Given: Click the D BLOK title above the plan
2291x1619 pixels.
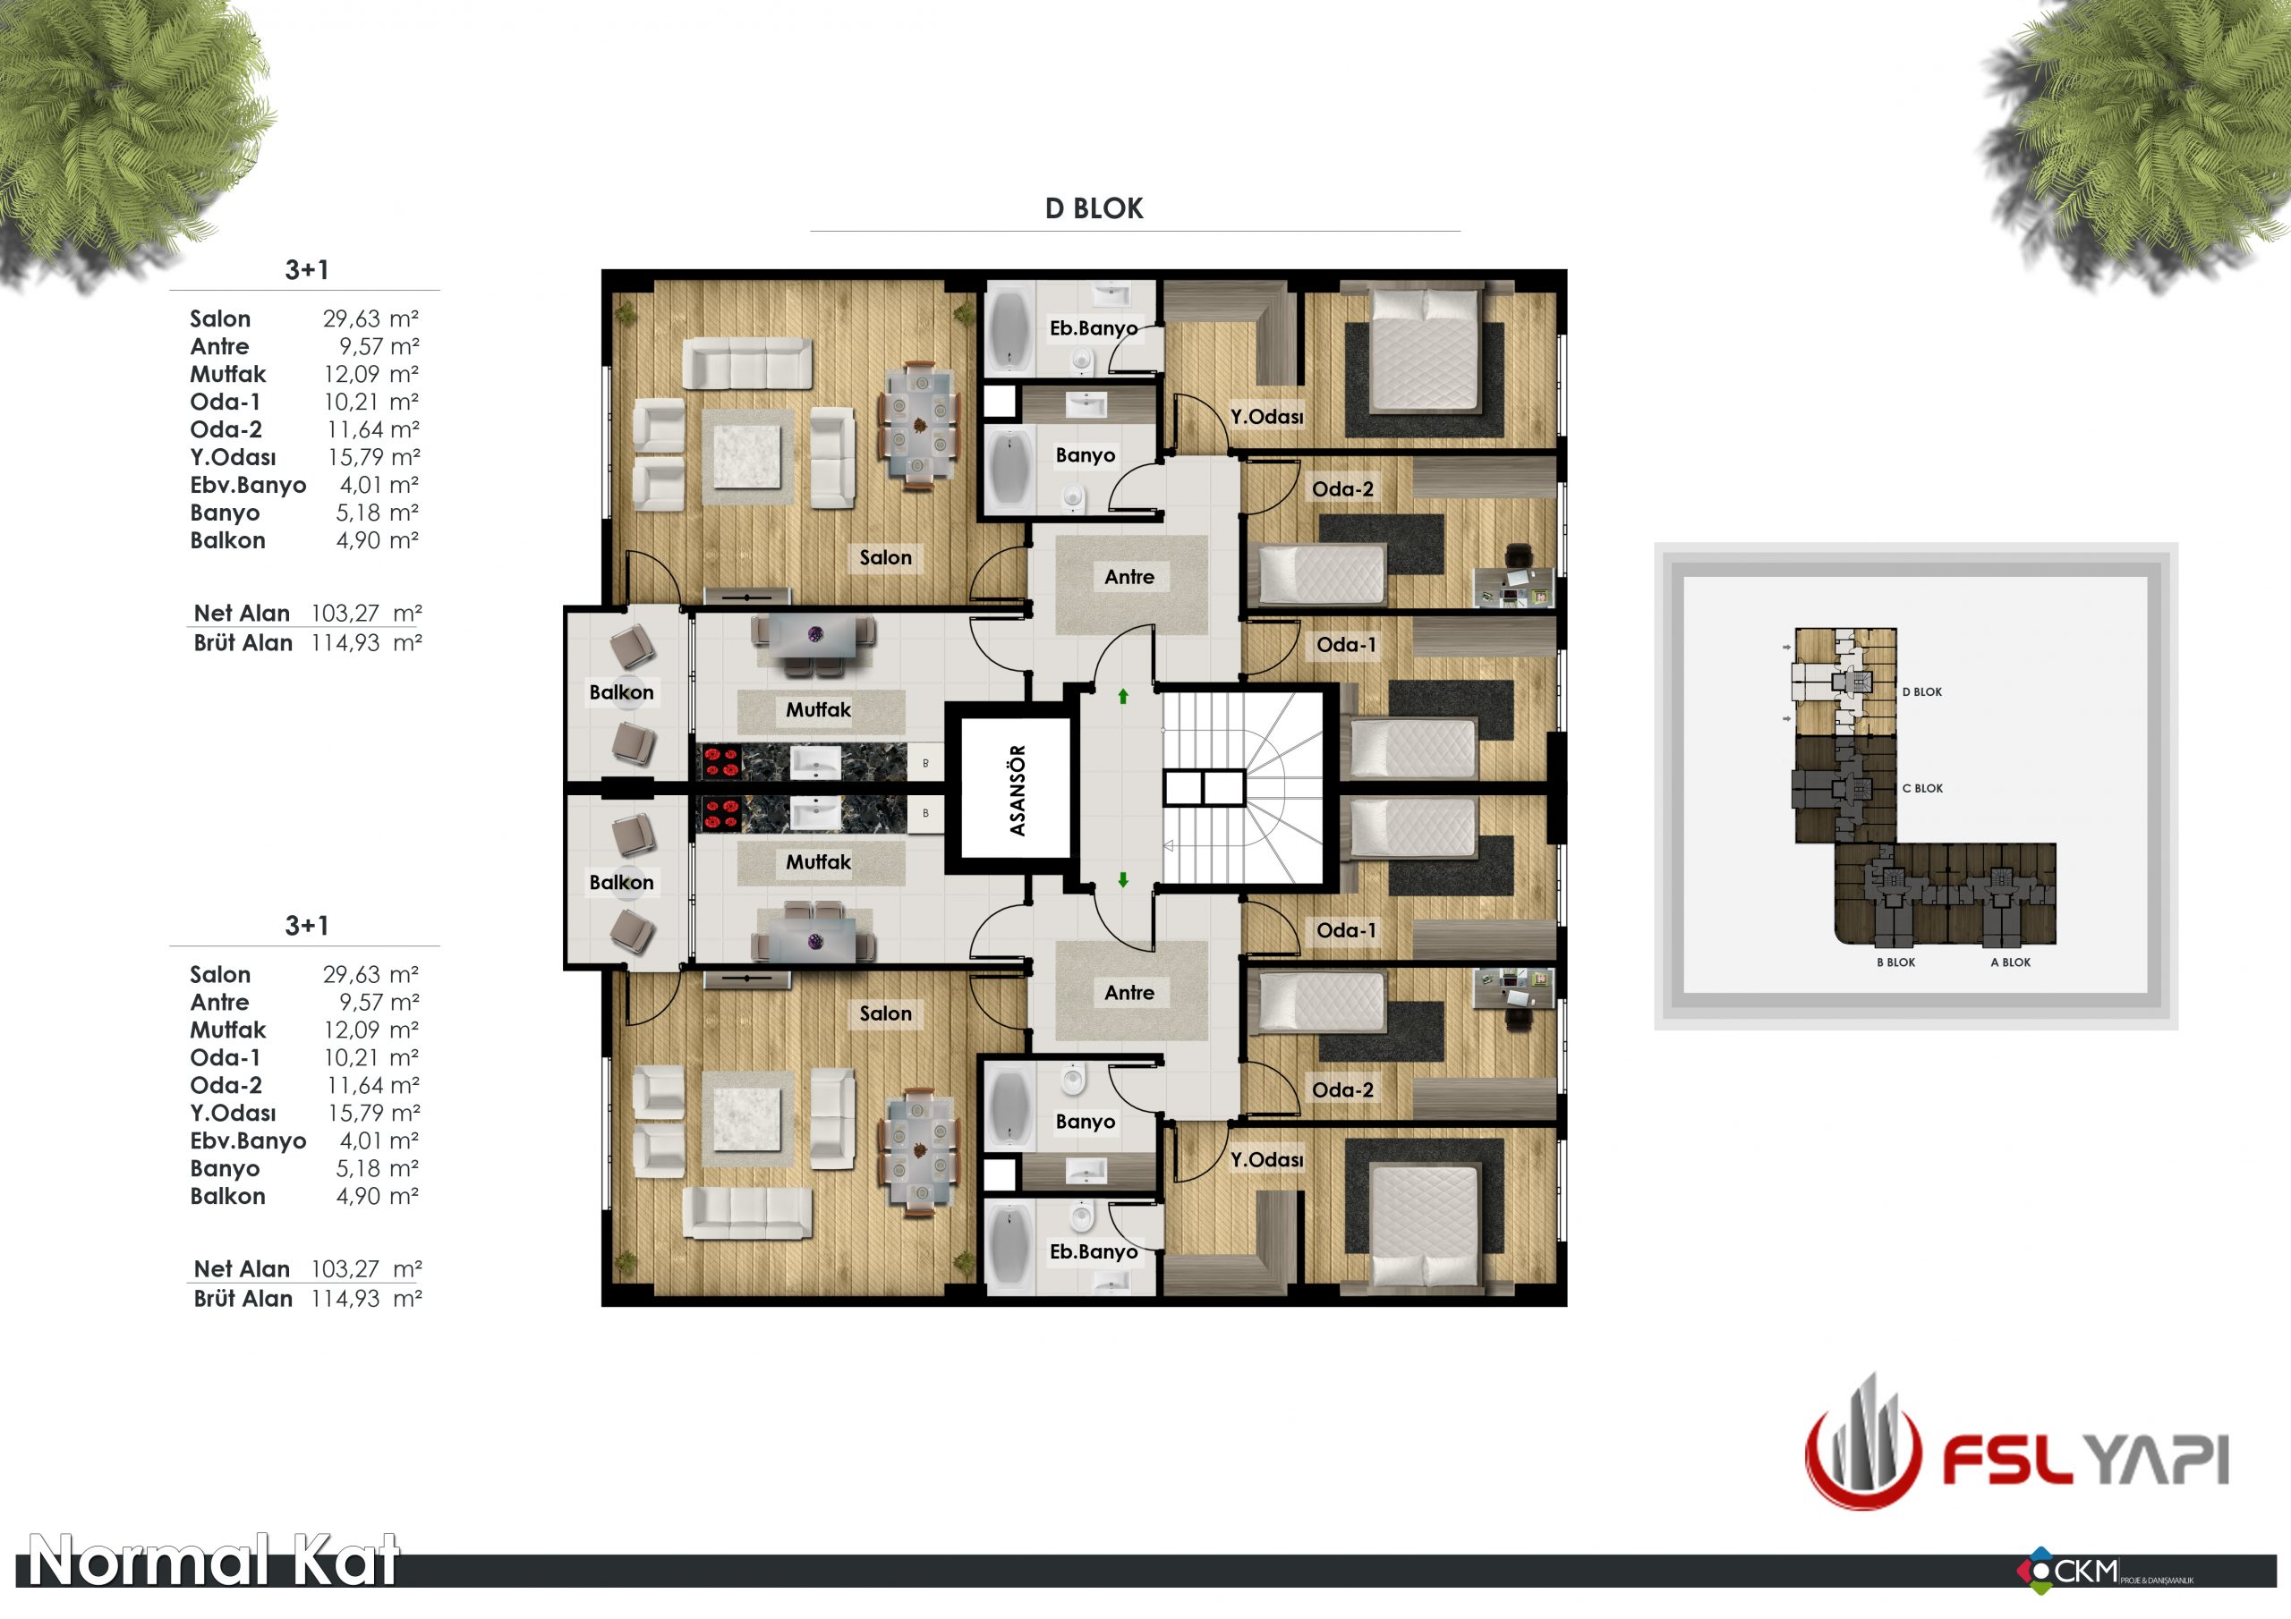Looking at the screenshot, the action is tap(1094, 208).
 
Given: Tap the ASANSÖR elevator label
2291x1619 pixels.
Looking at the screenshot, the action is tap(1017, 790).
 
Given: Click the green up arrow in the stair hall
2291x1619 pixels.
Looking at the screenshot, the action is tap(1122, 696).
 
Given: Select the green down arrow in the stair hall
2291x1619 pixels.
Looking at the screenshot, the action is tap(1122, 880).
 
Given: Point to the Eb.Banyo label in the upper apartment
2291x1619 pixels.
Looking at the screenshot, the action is tap(1093, 328).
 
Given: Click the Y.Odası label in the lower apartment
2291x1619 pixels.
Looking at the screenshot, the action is tap(1266, 1159).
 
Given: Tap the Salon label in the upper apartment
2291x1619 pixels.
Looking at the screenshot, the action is tap(885, 557).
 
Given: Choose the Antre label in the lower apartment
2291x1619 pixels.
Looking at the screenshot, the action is tap(1128, 993).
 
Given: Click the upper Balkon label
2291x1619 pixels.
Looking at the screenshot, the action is tap(621, 692).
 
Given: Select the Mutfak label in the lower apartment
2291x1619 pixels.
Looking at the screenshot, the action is tap(818, 862).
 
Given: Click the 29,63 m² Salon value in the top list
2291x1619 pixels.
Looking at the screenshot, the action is tap(370, 318).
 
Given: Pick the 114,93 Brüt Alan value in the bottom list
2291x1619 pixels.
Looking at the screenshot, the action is tap(345, 1299).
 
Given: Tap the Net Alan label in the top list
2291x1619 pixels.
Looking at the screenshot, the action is tap(242, 613).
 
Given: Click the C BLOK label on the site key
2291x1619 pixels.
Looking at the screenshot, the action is tap(1921, 788).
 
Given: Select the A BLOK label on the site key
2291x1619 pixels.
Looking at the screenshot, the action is tap(2010, 962).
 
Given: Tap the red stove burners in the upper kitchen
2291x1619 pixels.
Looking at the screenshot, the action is tap(720, 762).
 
